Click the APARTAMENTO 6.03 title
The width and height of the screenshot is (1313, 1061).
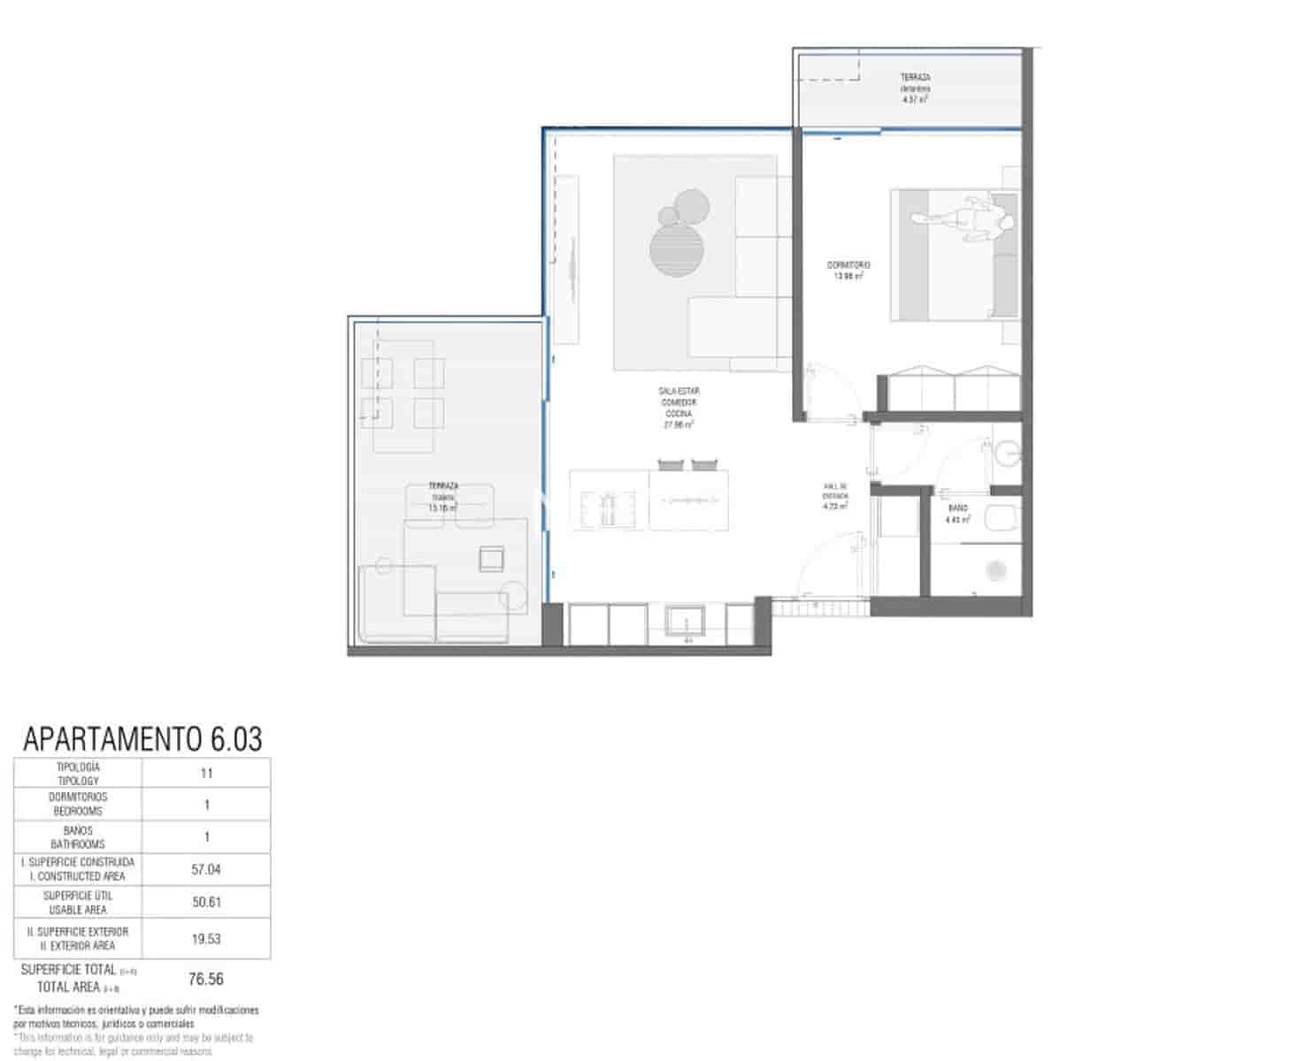click(142, 738)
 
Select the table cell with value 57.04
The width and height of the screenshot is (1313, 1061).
click(206, 870)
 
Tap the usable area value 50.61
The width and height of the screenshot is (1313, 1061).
click(206, 903)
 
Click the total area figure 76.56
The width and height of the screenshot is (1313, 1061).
click(206, 979)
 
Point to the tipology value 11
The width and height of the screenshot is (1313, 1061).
click(206, 774)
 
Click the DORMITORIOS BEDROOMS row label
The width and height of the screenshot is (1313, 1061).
click(78, 805)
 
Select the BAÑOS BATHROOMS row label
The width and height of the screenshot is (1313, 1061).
click(78, 837)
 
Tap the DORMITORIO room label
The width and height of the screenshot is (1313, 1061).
click(848, 270)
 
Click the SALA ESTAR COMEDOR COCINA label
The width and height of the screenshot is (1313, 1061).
click(679, 408)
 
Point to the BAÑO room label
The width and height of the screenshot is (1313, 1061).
click(957, 514)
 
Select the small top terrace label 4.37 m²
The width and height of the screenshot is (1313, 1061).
click(915, 88)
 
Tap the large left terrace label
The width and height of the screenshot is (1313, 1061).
click(443, 497)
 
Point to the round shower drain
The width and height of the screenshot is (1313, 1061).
click(996, 570)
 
